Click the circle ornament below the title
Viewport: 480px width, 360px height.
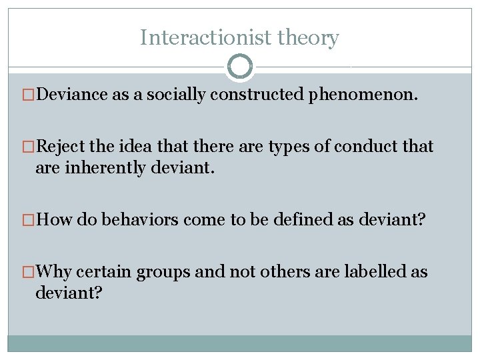pos(240,67)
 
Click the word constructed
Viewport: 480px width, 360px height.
pos(257,94)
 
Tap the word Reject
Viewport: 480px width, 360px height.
pos(62,147)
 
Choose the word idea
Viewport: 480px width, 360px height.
pos(137,147)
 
